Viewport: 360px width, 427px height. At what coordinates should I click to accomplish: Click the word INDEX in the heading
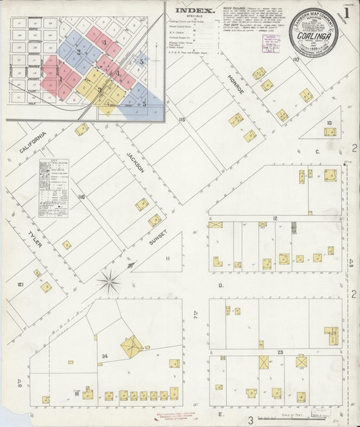tap(195, 11)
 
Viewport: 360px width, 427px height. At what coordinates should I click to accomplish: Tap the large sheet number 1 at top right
tap(346, 12)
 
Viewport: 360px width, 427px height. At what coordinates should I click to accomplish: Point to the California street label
tap(32, 143)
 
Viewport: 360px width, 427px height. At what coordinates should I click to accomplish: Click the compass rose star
tap(109, 279)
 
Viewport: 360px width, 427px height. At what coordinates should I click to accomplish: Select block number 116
tap(82, 197)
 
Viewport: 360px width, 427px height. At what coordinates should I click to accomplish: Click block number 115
tap(181, 120)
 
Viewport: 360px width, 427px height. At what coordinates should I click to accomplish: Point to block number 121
tap(20, 285)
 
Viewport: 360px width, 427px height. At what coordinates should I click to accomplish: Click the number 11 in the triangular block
tap(168, 258)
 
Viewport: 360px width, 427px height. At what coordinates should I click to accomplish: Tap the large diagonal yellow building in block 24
tap(132, 347)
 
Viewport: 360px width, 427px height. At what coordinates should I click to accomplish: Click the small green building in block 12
tap(294, 228)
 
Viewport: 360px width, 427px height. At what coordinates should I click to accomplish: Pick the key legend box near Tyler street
tap(53, 188)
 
